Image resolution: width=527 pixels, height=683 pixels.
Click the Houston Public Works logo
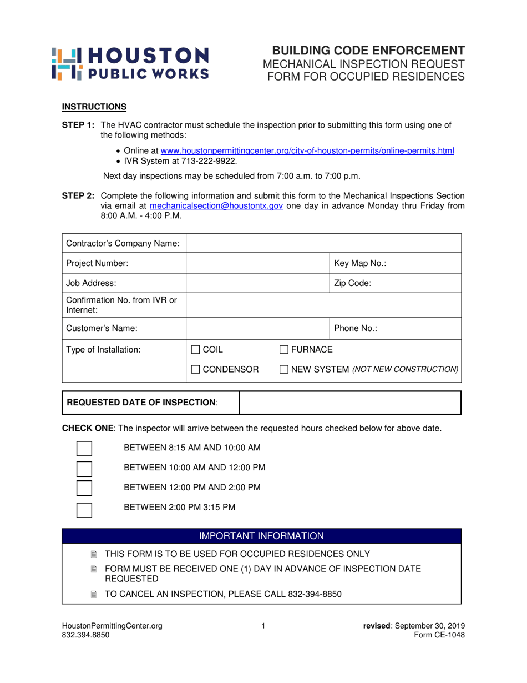(x=130, y=63)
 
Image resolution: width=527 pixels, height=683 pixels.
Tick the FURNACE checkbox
(x=283, y=350)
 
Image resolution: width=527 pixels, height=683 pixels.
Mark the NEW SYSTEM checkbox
(x=283, y=369)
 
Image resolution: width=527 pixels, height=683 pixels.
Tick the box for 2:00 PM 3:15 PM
(x=84, y=508)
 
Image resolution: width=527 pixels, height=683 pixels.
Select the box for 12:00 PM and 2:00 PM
(x=84, y=488)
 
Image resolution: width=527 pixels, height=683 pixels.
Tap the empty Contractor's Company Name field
(x=323, y=243)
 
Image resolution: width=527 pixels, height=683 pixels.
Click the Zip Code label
(x=352, y=283)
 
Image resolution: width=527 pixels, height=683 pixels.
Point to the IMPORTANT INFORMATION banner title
(x=261, y=536)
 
